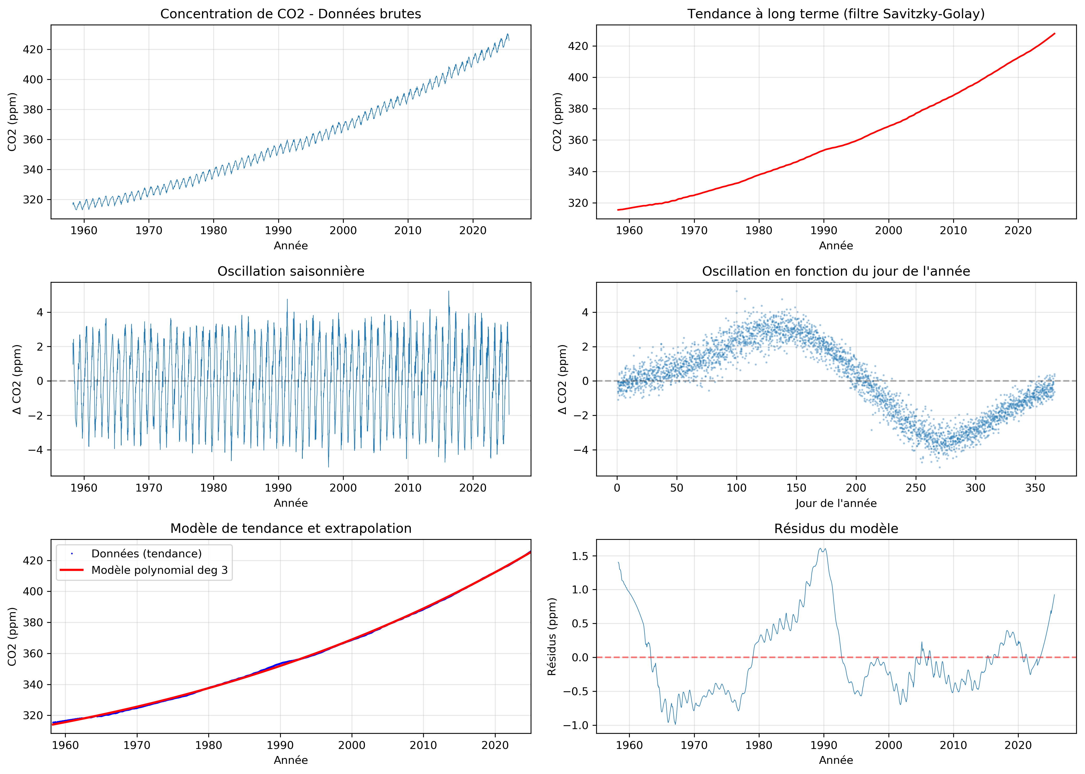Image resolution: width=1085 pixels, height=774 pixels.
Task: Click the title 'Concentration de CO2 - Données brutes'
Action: (x=291, y=14)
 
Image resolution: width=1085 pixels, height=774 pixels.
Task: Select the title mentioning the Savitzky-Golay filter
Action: (x=836, y=14)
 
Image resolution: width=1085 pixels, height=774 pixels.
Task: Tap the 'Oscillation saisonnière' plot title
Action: (x=291, y=271)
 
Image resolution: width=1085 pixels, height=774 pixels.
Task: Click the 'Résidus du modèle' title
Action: (x=836, y=529)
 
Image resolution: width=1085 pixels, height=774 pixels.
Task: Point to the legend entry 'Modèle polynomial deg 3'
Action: (x=159, y=570)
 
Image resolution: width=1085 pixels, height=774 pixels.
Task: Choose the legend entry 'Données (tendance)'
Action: (x=146, y=553)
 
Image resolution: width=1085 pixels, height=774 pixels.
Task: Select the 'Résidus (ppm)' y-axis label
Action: (x=552, y=637)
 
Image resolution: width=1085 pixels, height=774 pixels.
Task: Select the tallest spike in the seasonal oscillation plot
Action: (x=448, y=292)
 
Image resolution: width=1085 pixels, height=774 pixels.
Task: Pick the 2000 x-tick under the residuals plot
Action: (x=888, y=745)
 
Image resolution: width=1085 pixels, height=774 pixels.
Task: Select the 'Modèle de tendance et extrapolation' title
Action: (x=291, y=529)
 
